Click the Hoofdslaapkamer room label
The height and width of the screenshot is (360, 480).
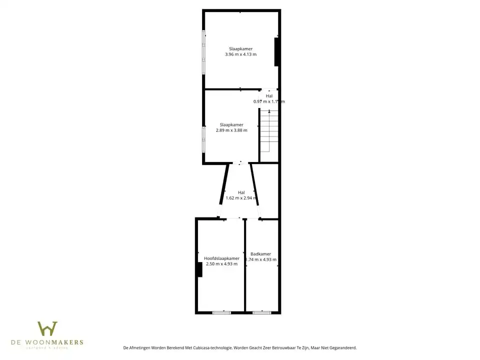coord(221,258)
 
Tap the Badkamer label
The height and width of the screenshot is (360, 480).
coord(260,254)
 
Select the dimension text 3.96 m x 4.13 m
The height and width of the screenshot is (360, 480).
coord(240,54)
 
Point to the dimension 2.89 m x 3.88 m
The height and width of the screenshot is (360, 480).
coord(231,130)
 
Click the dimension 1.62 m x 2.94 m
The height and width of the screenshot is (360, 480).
coord(241,198)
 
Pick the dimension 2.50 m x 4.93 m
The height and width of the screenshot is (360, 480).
coord(221,264)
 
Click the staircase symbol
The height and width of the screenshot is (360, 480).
coord(269,131)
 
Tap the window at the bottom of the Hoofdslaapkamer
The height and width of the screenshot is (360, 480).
coord(221,312)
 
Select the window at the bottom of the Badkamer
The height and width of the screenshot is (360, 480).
coord(261,312)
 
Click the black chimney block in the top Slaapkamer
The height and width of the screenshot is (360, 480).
coord(276,51)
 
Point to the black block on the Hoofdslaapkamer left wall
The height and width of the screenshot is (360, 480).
coord(199,269)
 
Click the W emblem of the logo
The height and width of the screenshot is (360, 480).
coord(47,329)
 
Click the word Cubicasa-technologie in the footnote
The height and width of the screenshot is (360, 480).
coord(210,347)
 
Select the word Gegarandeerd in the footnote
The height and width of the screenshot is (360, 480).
coord(342,347)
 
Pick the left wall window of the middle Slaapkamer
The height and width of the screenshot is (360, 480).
coord(203,139)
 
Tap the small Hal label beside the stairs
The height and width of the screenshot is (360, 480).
coord(269,96)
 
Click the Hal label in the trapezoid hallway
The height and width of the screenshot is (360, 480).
coord(241,192)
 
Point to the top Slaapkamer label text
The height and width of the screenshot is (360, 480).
coord(240,49)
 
